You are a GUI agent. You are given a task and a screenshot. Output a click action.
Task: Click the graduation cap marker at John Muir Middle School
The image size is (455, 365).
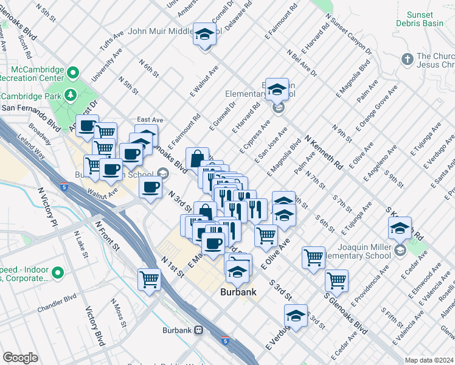coord(205,35)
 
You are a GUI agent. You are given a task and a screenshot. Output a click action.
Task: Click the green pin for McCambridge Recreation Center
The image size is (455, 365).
coord(73,73)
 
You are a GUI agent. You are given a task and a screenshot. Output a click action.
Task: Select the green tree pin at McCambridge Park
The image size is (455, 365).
coord(71,96)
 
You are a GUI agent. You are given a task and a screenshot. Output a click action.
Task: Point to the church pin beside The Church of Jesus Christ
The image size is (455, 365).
coord(407,59)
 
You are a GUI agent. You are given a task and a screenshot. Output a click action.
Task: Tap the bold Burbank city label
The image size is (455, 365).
coord(238,292)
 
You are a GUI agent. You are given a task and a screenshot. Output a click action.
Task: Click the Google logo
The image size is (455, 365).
coord(20,357)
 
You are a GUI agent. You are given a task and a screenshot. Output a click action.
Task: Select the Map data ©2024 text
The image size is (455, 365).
coord(429,360)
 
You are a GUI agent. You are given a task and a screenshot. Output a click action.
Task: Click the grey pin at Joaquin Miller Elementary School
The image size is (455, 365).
coord(400,250)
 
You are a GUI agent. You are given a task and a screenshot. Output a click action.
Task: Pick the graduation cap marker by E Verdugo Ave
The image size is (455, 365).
coord(296,317)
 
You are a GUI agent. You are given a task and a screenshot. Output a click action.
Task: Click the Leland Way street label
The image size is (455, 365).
coord(36,147)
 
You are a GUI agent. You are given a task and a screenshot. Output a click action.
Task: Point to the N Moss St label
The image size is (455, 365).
coord(117,310)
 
